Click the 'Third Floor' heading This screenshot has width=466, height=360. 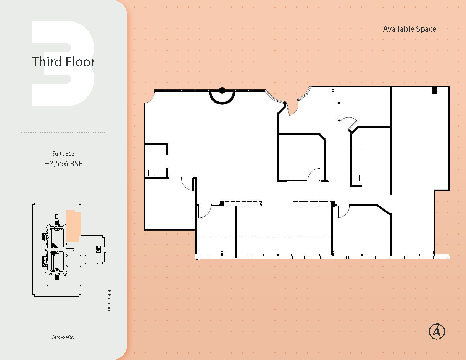63,61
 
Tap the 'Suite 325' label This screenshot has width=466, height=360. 63,154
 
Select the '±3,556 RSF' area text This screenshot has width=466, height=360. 63,164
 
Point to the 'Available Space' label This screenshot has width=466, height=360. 410,29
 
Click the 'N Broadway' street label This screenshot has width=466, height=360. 109,302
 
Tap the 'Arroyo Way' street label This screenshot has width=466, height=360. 63,337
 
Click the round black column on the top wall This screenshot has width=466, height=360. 222,91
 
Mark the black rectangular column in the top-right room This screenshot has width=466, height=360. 434,90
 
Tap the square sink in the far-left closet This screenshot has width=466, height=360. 152,173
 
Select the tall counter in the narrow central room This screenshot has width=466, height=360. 356,165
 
